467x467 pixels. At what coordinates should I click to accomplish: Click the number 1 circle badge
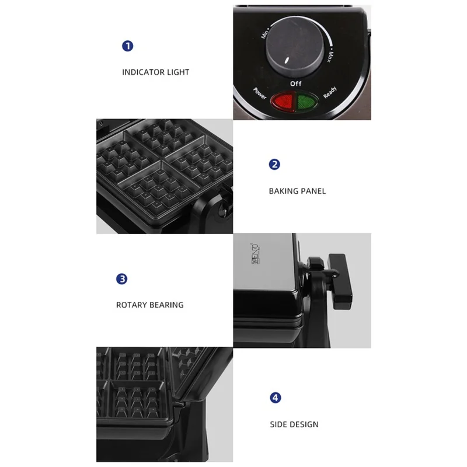coord(127,46)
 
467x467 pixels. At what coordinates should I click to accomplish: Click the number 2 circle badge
coord(274,165)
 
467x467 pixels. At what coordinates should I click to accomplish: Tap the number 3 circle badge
coord(122,278)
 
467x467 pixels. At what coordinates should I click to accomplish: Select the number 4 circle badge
coord(275,398)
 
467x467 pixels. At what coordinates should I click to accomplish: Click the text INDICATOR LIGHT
coord(155,72)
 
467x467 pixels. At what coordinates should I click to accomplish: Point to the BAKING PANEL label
coord(297,191)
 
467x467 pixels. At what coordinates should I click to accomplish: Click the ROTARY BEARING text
coord(149,305)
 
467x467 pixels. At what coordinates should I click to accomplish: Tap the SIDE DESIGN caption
coord(294,424)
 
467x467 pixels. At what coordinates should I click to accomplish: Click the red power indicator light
coord(285,102)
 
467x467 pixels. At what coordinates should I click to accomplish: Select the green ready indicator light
coord(306,102)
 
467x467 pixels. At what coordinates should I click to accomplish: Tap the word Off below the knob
coord(296,84)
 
